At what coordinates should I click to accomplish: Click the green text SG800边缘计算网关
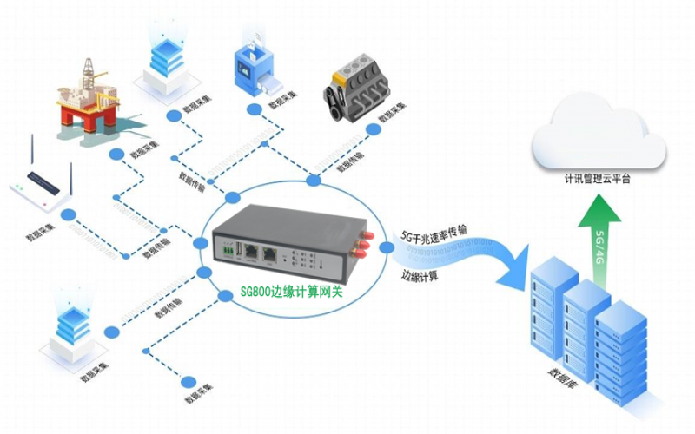coord(291,293)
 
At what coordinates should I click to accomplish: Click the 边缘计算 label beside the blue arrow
coord(419,276)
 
